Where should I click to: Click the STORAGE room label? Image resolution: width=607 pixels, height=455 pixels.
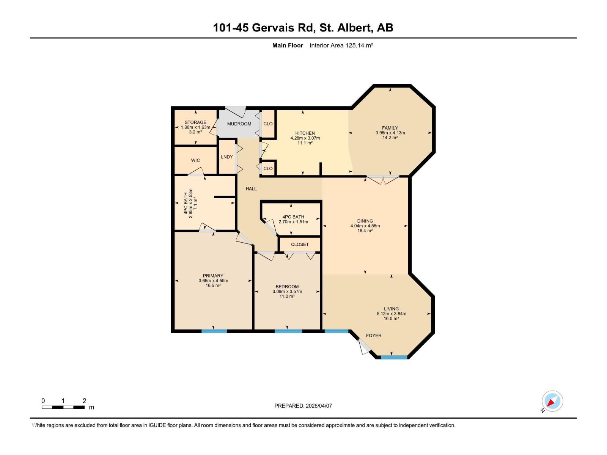click(195, 122)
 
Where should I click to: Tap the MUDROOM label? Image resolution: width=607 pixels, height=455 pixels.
click(239, 124)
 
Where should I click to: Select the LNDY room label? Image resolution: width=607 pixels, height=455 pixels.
click(227, 157)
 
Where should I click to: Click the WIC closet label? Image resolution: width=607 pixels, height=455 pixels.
click(195, 160)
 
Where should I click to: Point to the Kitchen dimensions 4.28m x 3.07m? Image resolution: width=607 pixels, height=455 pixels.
click(305, 138)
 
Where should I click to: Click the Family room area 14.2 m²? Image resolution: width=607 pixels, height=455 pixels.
click(390, 138)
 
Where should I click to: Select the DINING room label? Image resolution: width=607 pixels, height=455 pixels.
click(365, 221)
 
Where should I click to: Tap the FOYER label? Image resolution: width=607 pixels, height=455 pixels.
click(374, 336)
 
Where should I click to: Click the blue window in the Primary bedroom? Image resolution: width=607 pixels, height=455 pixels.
click(214, 331)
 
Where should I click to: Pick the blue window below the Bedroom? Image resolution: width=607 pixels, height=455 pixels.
click(288, 331)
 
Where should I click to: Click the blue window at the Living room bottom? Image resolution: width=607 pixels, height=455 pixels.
click(394, 357)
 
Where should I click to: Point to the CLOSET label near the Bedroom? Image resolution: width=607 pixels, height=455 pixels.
click(300, 245)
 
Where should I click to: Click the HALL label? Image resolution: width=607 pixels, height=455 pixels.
click(251, 189)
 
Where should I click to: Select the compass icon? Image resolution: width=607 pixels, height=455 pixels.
click(552, 401)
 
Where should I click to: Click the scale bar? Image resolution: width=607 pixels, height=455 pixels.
click(63, 407)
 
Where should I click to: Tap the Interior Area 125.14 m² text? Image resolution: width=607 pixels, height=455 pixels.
click(341, 45)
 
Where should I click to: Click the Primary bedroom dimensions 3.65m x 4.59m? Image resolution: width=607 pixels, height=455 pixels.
click(213, 281)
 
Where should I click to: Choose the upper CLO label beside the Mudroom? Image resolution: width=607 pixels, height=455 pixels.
click(268, 124)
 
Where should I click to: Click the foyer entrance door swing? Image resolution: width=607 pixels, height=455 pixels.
click(363, 347)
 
